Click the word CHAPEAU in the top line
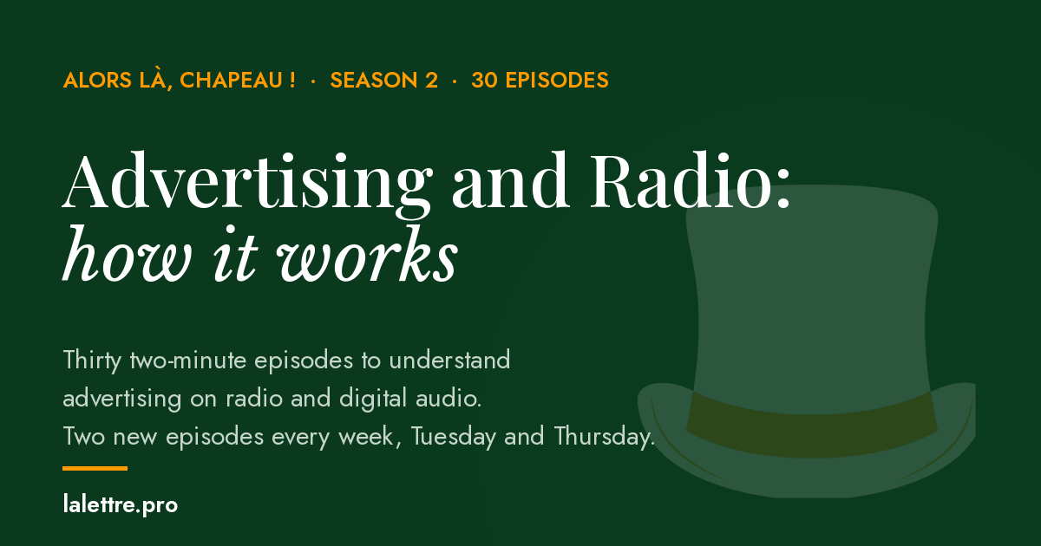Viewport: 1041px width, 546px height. pyautogui.click(x=231, y=80)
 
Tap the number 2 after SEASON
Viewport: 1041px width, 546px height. pyautogui.click(x=431, y=80)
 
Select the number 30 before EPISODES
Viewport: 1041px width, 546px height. pyautogui.click(x=485, y=80)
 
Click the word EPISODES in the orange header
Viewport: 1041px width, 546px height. pyautogui.click(x=557, y=80)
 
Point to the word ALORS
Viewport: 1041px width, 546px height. pyautogui.click(x=97, y=80)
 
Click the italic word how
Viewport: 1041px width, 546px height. pyautogui.click(x=128, y=253)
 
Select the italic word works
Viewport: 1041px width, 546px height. pyautogui.click(x=368, y=253)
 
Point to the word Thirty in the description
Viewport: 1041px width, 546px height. pyautogui.click(x=93, y=361)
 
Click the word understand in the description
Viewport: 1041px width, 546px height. pyautogui.click(x=449, y=360)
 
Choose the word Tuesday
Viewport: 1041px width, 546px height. pyautogui.click(x=454, y=437)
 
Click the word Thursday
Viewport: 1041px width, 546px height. pyautogui.click(x=604, y=437)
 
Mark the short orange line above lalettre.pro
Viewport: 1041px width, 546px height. pyautogui.click(x=95, y=469)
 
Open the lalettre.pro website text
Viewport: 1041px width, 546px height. pyautogui.click(x=121, y=504)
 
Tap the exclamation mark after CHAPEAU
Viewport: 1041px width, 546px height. pyautogui.click(x=291, y=80)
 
